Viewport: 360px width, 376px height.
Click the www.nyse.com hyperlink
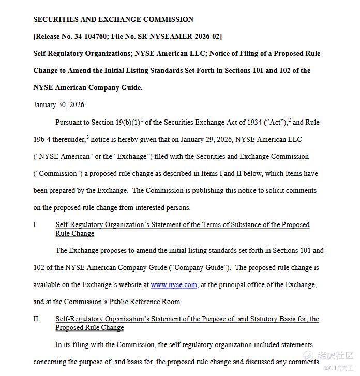tap(174, 285)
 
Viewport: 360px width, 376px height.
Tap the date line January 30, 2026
tap(59, 105)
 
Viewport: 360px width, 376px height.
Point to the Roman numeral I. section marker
tap(36, 225)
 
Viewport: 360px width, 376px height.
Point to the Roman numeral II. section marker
tap(37, 319)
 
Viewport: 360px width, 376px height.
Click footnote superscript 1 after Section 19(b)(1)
tap(141, 120)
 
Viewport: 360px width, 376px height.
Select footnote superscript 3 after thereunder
tap(87, 137)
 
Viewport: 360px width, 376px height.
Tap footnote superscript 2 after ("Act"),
tap(290, 120)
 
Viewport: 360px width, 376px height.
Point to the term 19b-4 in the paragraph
tap(43, 140)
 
